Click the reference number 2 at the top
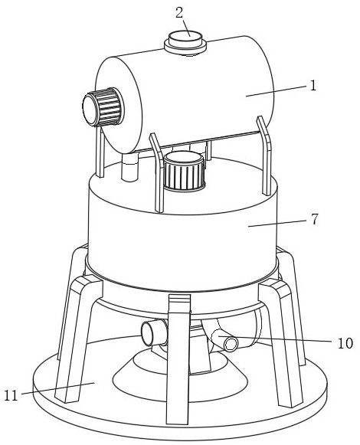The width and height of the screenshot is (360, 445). pyautogui.click(x=179, y=13)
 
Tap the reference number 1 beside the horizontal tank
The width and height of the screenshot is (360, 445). pyautogui.click(x=313, y=85)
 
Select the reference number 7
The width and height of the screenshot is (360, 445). pyautogui.click(x=314, y=219)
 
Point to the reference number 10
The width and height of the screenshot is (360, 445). pyautogui.click(x=345, y=343)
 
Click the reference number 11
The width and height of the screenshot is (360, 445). pyautogui.click(x=11, y=395)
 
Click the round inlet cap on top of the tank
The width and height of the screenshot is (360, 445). pyautogui.click(x=185, y=43)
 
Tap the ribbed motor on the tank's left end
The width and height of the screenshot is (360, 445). pyautogui.click(x=103, y=106)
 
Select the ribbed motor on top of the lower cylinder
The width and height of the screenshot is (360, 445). pyautogui.click(x=184, y=171)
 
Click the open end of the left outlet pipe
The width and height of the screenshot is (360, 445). pyautogui.click(x=148, y=334)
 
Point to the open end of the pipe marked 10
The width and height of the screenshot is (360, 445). pyautogui.click(x=231, y=345)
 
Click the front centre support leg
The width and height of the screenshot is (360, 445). pyautogui.click(x=178, y=358)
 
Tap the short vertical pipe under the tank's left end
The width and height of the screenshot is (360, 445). pyautogui.click(x=129, y=167)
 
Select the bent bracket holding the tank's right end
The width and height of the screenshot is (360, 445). pyautogui.click(x=264, y=155)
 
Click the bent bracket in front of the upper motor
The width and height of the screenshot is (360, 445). pyautogui.click(x=158, y=172)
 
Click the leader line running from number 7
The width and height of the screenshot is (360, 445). pyautogui.click(x=278, y=223)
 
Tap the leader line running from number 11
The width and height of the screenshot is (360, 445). pyautogui.click(x=58, y=388)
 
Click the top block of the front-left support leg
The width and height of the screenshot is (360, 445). pyautogui.click(x=87, y=284)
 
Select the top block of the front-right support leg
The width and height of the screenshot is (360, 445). pyautogui.click(x=274, y=288)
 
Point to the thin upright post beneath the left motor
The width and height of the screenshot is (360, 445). pyautogui.click(x=100, y=152)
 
